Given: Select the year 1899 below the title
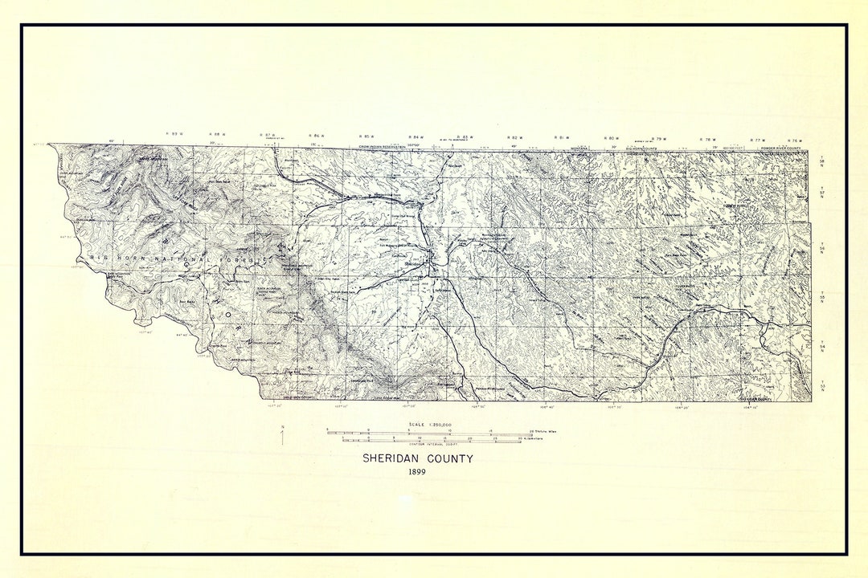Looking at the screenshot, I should point(416,472).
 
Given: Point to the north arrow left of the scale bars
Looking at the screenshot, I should point(282,436).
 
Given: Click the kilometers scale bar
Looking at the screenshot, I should point(430,440).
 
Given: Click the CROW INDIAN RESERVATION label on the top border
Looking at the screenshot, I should point(383,146).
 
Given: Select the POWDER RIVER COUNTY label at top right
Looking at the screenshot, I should point(782,147).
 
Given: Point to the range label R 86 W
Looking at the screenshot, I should point(317,136).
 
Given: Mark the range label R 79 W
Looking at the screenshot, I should point(658,139).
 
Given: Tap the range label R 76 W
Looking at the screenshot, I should point(796,140).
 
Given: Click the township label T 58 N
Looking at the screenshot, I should point(821,163).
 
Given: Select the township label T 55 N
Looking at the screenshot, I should point(821,297).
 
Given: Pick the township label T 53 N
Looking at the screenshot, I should point(821,385).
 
